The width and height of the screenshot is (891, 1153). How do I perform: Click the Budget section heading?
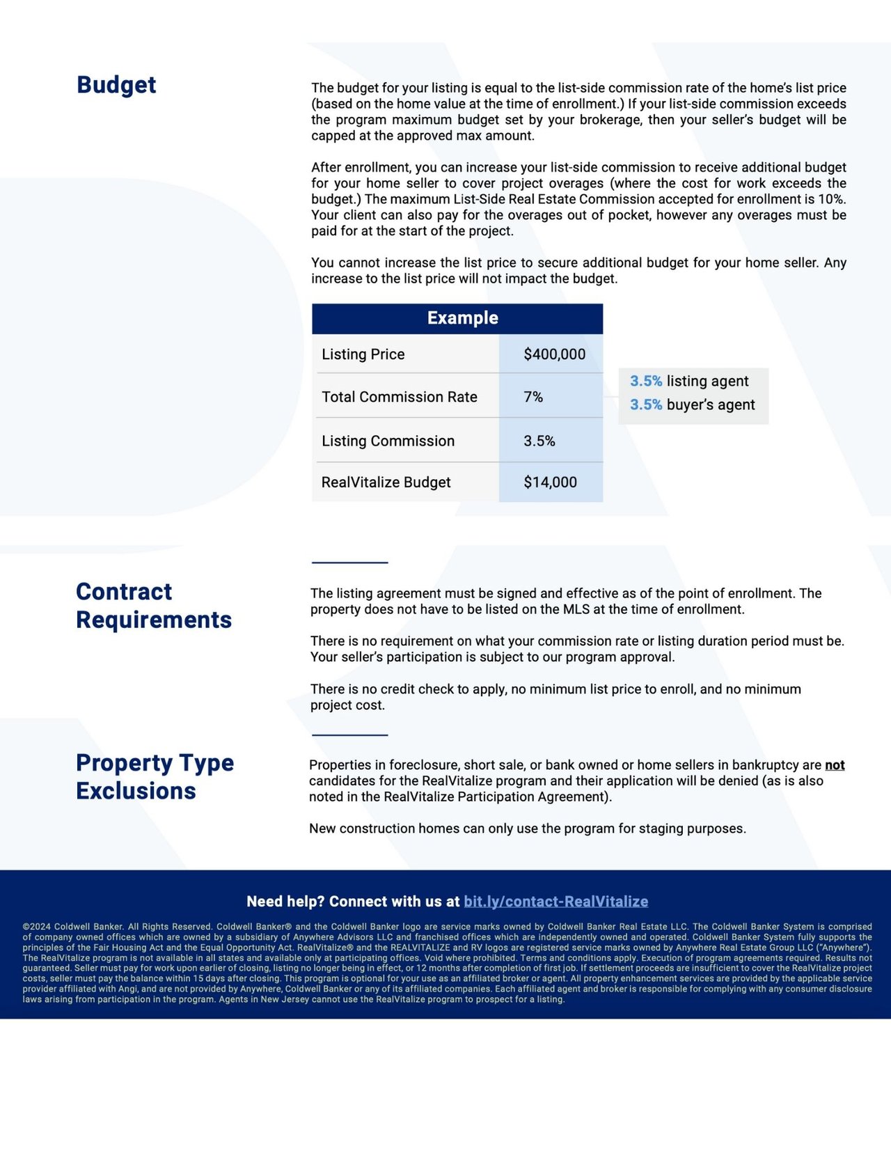click(x=116, y=85)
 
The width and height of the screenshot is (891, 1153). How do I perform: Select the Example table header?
click(x=463, y=318)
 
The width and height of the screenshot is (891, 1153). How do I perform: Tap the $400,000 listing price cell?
click(x=554, y=354)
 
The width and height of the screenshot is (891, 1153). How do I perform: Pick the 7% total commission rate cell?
click(x=533, y=397)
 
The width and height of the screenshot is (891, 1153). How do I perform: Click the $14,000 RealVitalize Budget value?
click(x=550, y=482)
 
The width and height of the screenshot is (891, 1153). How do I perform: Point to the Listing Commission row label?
click(x=388, y=441)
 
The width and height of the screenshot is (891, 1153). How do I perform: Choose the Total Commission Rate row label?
click(x=399, y=397)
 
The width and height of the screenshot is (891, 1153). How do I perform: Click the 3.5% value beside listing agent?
click(x=646, y=381)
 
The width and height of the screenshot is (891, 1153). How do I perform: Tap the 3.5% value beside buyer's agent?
click(x=646, y=405)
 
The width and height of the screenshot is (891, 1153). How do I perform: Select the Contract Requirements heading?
click(x=154, y=606)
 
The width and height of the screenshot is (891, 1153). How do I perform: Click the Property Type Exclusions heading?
click(x=155, y=777)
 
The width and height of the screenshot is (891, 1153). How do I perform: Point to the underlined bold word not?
click(x=835, y=765)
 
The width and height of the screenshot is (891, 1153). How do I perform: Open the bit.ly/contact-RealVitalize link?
click(x=555, y=902)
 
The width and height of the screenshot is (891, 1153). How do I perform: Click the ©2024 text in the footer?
click(x=36, y=927)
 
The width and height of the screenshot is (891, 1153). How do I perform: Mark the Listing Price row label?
click(x=363, y=354)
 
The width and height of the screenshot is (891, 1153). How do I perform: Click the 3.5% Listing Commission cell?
click(x=539, y=441)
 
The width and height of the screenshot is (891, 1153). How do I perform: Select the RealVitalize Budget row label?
click(x=386, y=482)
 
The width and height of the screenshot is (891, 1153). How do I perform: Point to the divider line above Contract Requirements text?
click(x=349, y=562)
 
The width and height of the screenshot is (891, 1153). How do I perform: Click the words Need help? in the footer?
click(x=285, y=902)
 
